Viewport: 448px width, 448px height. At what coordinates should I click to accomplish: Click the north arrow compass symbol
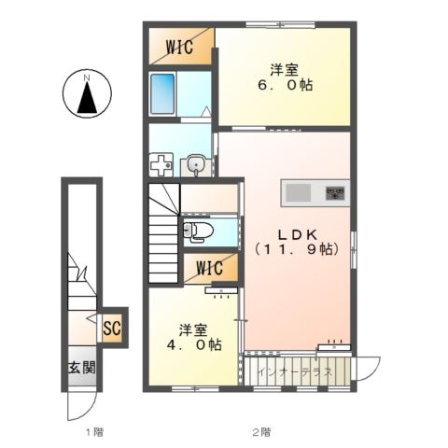pyautogui.click(x=87, y=93)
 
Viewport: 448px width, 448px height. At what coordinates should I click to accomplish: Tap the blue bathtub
pyautogui.click(x=162, y=93)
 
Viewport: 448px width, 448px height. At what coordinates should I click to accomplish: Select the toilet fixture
pyautogui.click(x=198, y=231)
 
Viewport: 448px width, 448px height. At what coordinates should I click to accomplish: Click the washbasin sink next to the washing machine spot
pyautogui.click(x=196, y=165)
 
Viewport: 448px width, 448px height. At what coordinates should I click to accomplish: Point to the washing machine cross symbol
pyautogui.click(x=161, y=165)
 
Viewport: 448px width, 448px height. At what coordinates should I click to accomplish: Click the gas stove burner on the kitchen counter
pyautogui.click(x=335, y=193)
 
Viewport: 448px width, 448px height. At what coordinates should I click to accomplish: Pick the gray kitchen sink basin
pyautogui.click(x=298, y=192)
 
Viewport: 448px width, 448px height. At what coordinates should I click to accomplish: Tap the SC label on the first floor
pyautogui.click(x=112, y=328)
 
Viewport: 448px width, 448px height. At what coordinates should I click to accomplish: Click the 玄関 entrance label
pyautogui.click(x=82, y=368)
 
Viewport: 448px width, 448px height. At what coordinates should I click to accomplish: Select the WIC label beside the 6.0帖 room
pyautogui.click(x=179, y=47)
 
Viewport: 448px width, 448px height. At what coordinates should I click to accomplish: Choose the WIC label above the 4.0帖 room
pyautogui.click(x=209, y=268)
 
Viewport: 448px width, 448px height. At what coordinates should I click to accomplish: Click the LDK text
pyautogui.click(x=297, y=235)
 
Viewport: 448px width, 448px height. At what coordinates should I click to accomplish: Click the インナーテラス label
pyautogui.click(x=296, y=371)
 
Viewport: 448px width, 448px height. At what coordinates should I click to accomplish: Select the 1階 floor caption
pyautogui.click(x=94, y=432)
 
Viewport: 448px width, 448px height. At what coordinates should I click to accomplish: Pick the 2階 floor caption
pyautogui.click(x=261, y=432)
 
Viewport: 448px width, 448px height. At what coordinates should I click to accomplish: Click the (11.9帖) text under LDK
pyautogui.click(x=297, y=249)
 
